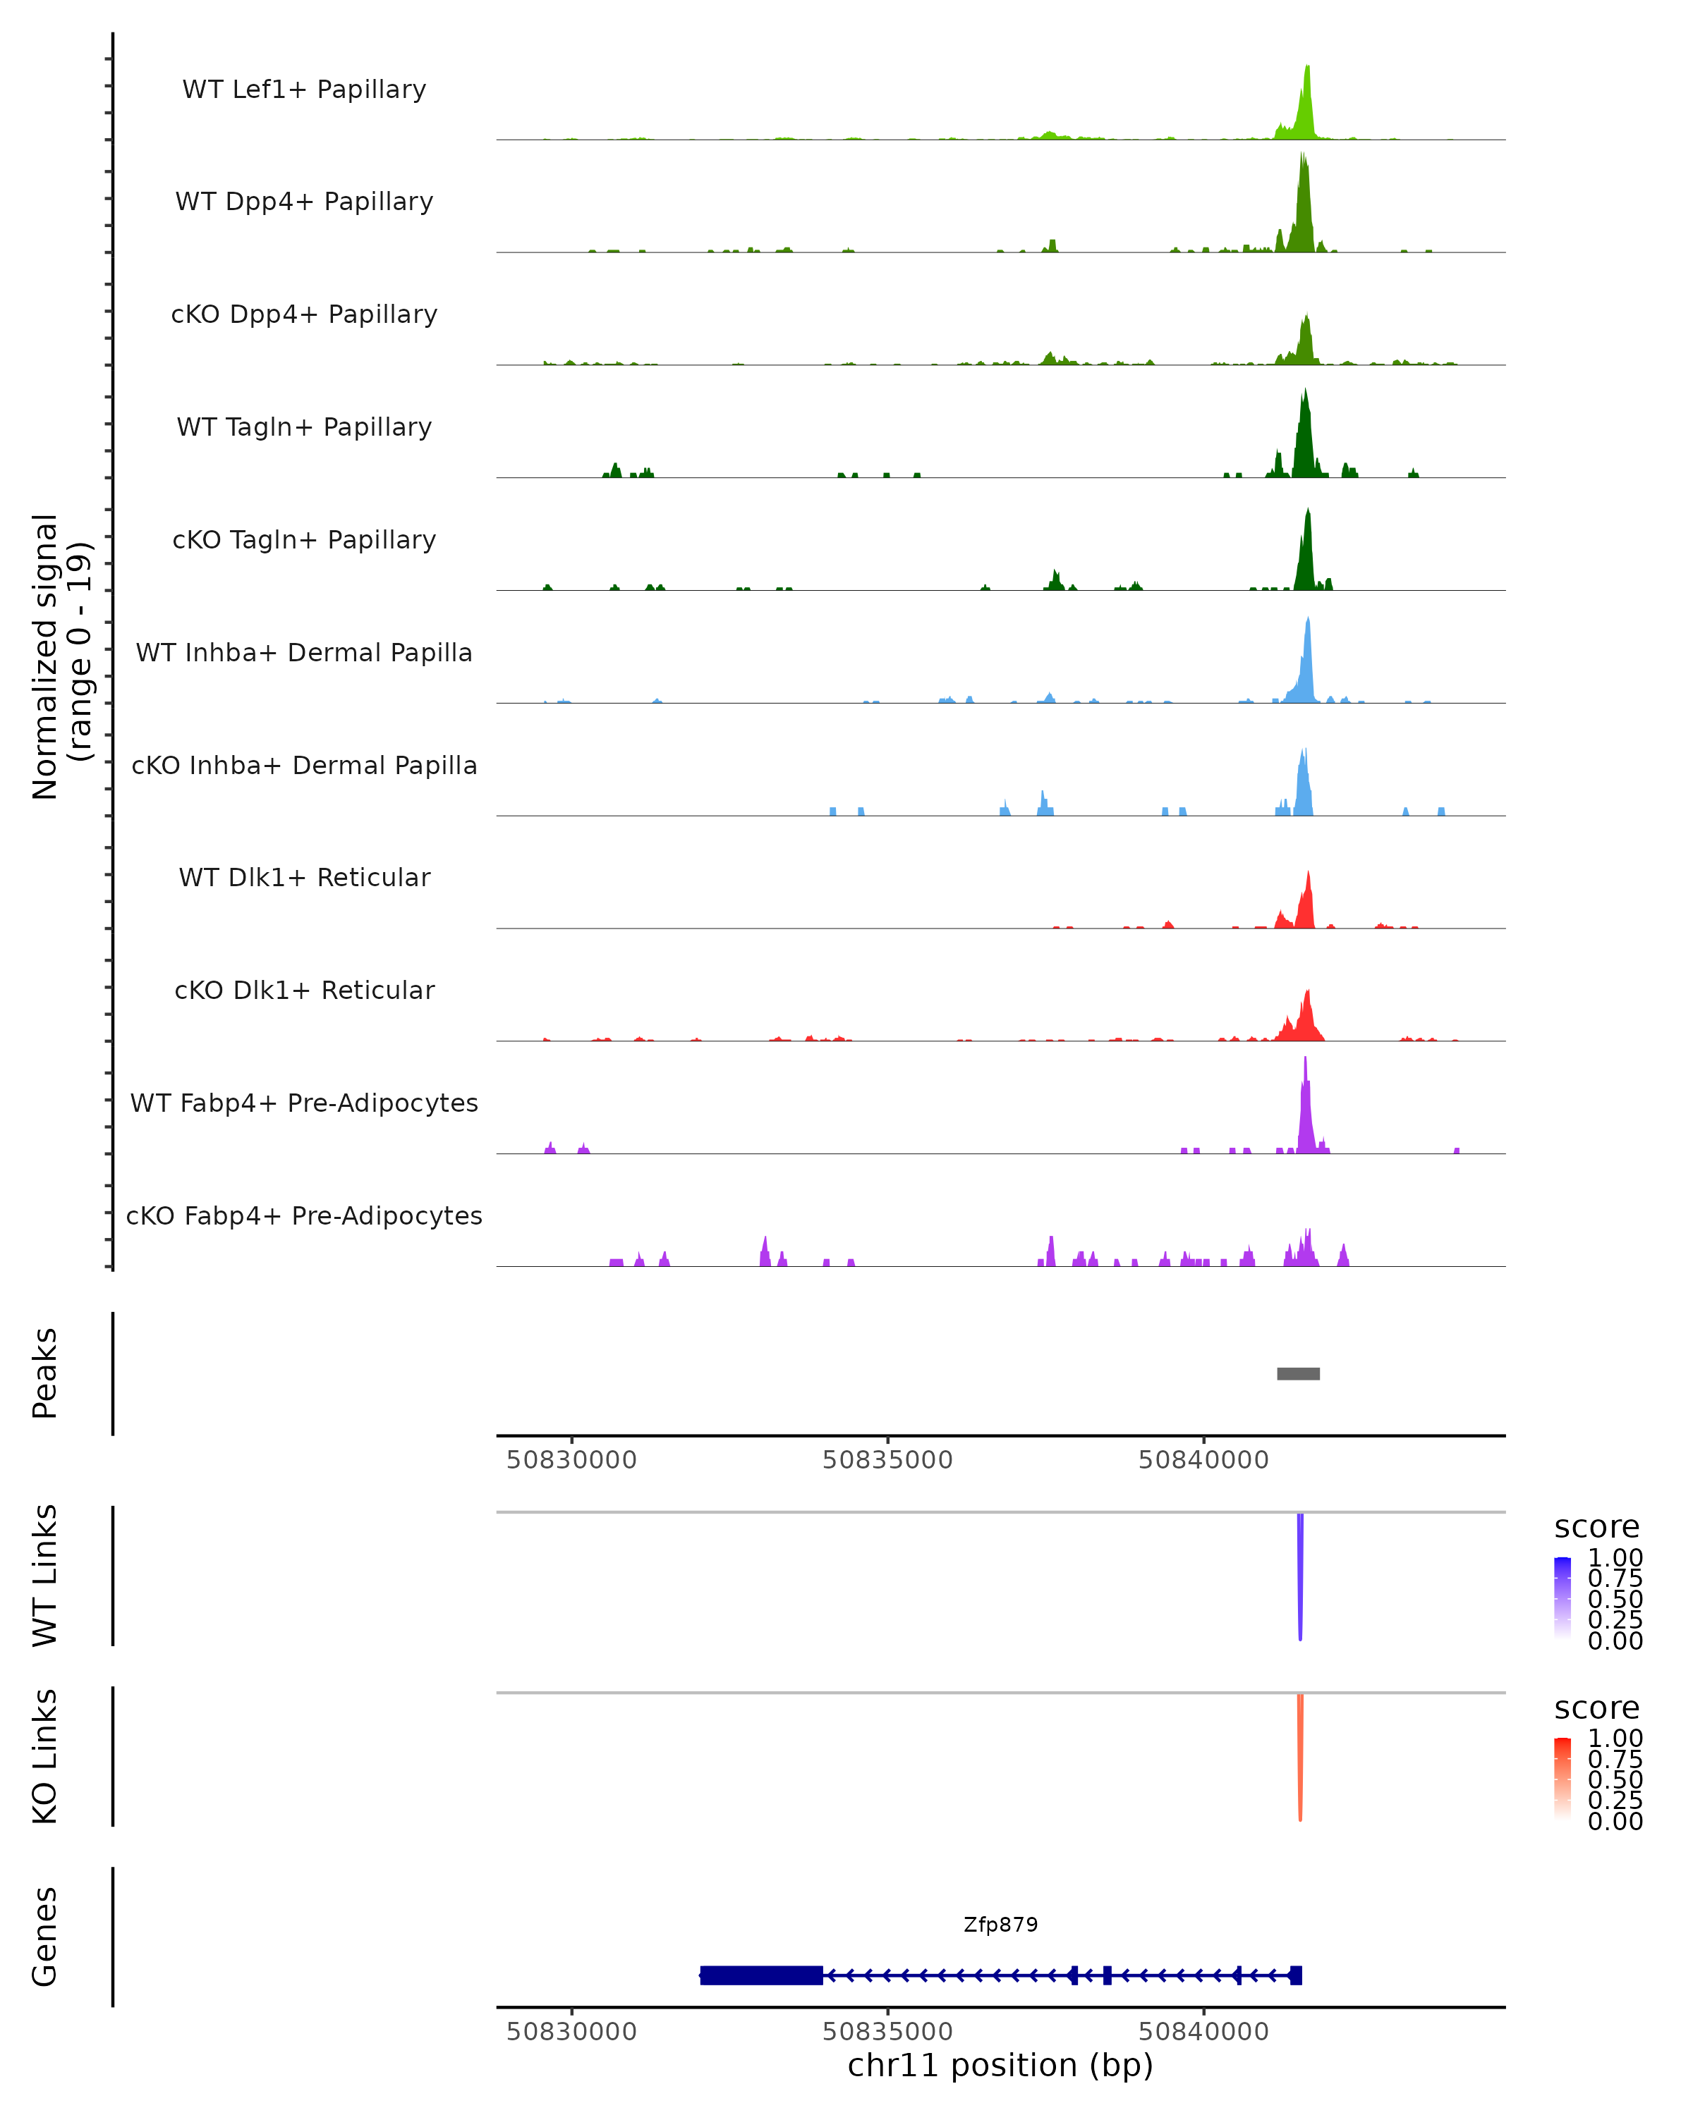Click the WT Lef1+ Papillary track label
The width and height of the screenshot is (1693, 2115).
pos(304,90)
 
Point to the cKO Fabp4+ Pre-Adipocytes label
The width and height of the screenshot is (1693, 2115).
pos(304,1215)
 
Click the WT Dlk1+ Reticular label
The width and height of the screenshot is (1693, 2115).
pos(304,877)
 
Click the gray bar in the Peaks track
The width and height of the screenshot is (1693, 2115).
pos(1297,1373)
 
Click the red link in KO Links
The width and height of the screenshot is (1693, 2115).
pos(1300,1756)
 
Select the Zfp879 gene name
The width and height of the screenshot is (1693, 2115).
pos(1000,1925)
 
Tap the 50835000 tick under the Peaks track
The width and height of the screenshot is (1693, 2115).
pos(887,1460)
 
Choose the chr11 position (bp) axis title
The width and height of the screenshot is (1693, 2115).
pos(1000,2065)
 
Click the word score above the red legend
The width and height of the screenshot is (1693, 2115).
pos(1596,1708)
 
